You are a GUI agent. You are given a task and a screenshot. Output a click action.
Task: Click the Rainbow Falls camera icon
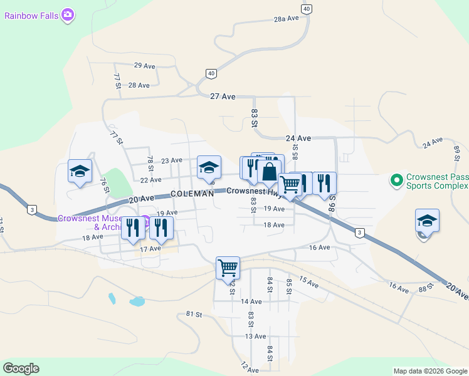(x=68, y=14)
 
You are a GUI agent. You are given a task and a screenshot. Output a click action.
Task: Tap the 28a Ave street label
(x=287, y=19)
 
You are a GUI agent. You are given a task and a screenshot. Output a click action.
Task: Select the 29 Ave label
(x=145, y=66)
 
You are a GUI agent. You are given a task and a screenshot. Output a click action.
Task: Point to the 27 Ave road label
(x=223, y=97)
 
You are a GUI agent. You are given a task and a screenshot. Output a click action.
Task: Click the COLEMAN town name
(x=192, y=194)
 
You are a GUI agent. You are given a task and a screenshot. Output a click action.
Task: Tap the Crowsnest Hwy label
(x=251, y=191)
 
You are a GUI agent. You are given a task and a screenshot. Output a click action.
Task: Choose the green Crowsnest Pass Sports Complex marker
(x=396, y=181)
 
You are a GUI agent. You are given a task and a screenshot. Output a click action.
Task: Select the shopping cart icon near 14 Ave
(x=228, y=268)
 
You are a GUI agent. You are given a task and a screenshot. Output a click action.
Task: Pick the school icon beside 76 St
(x=80, y=171)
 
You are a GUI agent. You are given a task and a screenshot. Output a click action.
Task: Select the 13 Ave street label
(x=255, y=337)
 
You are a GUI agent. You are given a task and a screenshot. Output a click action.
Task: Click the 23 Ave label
(x=171, y=161)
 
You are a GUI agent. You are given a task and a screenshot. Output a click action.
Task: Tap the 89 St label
(x=457, y=152)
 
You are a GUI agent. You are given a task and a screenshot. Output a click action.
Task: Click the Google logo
(x=21, y=368)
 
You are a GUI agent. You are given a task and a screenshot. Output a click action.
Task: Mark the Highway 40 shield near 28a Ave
(x=306, y=9)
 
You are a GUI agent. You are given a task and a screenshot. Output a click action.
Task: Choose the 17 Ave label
(x=150, y=249)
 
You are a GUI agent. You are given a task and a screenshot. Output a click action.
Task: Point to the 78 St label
(x=150, y=164)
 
